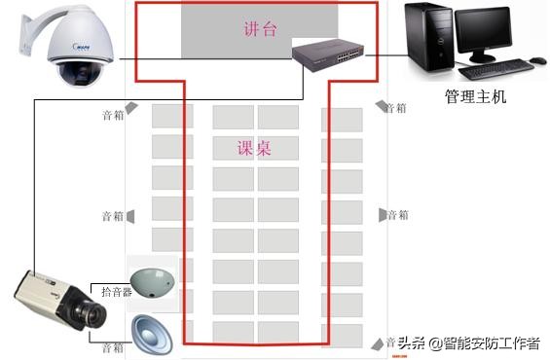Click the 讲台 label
click(x=259, y=30)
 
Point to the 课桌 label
click(x=254, y=149)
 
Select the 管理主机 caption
click(x=475, y=97)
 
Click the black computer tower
click(x=429, y=40)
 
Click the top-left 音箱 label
click(x=113, y=115)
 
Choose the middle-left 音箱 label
click(x=113, y=216)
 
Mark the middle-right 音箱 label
click(x=397, y=214)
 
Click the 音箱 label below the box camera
click(x=113, y=347)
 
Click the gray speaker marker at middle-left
click(x=130, y=216)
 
